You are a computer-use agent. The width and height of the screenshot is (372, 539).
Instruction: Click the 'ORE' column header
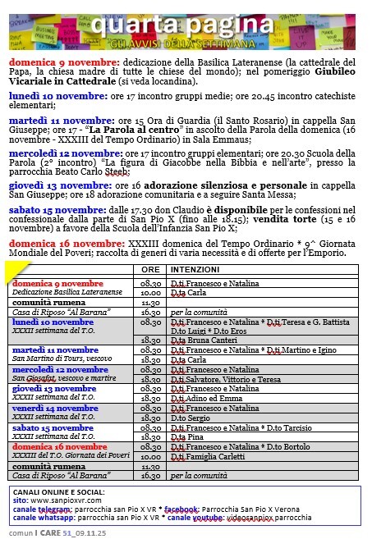pyautogui.click(x=150, y=269)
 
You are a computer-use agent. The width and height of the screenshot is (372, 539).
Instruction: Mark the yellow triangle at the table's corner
pyautogui.click(x=14, y=270)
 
